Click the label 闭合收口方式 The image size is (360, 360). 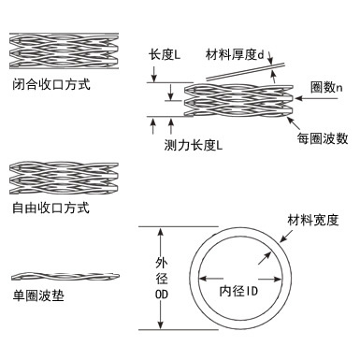(51, 84)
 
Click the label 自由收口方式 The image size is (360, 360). (51, 208)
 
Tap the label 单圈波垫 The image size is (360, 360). (38, 295)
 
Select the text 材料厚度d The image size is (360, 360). (235, 54)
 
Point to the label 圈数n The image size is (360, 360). (326, 87)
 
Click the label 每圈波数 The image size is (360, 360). (323, 138)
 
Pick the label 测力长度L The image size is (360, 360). (194, 145)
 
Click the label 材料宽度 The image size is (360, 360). (313, 220)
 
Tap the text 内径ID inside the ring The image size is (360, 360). (238, 291)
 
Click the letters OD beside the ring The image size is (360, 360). (162, 295)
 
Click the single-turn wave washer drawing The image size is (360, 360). (65, 276)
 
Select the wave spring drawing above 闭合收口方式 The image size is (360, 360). (64, 50)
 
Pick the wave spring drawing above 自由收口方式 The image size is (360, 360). (64, 178)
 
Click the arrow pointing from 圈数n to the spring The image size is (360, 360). (316, 98)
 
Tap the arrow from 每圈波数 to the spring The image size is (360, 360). (294, 123)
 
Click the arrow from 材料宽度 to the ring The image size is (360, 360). (286, 236)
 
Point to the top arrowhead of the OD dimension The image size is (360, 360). (160, 232)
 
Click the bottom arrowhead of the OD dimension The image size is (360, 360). (160, 324)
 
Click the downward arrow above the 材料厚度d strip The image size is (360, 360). (270, 58)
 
